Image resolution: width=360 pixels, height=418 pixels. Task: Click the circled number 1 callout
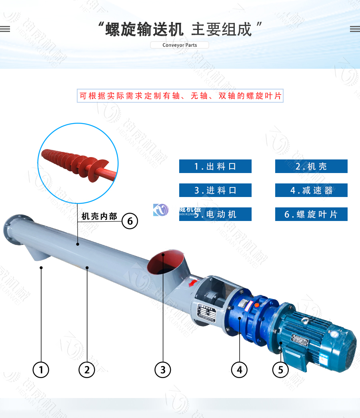point(41,370)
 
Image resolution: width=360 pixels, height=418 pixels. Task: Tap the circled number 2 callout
point(87,370)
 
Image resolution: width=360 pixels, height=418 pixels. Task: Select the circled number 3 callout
point(163,370)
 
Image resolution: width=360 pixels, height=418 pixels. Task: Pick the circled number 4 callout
point(239,370)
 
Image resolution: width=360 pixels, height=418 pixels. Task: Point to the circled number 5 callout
point(280,370)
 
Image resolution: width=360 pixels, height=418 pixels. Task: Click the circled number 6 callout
point(130,221)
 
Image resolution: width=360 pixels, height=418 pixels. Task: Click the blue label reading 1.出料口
point(215,166)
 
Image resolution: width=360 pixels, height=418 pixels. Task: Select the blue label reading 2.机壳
point(311,166)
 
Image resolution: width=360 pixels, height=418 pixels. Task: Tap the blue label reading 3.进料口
point(215,190)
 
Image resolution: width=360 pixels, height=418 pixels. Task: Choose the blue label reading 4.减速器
point(311,190)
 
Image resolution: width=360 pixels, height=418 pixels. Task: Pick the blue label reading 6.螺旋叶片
point(311,214)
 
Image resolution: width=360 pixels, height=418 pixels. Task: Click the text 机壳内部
point(99,217)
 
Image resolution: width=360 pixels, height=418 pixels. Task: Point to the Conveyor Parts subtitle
point(180,45)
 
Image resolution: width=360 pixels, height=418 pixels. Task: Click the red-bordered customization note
point(180,96)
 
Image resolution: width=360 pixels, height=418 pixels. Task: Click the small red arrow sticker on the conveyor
point(193,283)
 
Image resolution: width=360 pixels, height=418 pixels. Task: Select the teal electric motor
point(316,338)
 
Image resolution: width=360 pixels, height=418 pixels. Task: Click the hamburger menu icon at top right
point(354,29)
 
